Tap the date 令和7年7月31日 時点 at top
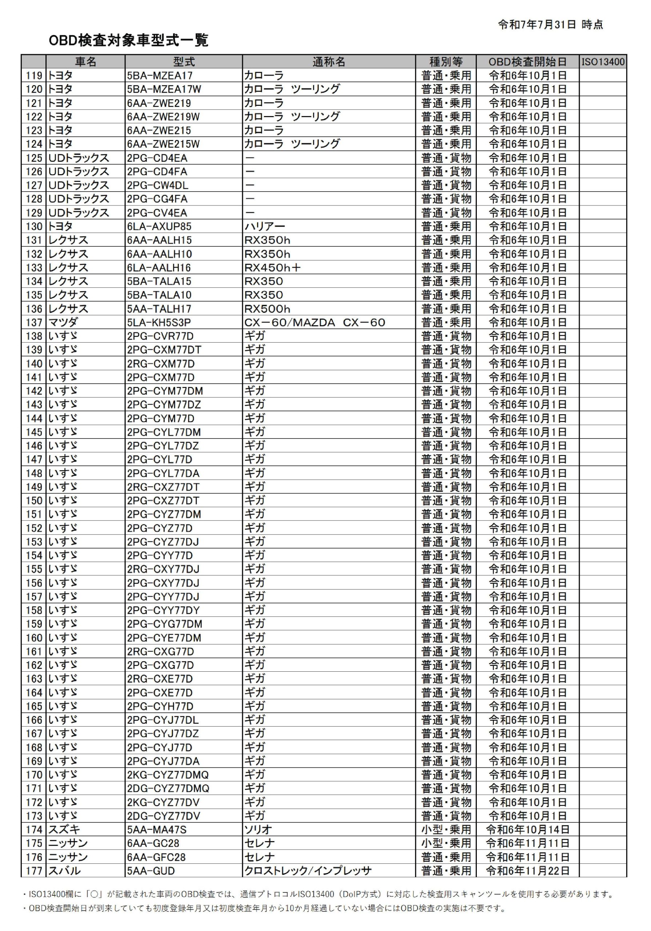tap(550, 25)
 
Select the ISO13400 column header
tap(603, 61)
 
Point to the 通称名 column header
tap(328, 61)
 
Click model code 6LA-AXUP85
tap(159, 226)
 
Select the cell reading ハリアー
tap(265, 226)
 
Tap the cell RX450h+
tap(272, 268)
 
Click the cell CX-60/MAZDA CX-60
tap(314, 322)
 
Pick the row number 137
tap(34, 322)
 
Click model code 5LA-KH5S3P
tap(159, 322)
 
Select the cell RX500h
tap(267, 309)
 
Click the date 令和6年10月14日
tap(527, 829)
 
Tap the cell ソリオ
tap(258, 829)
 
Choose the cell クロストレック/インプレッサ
tap(308, 871)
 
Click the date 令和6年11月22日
tap(527, 871)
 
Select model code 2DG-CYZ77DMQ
tap(168, 788)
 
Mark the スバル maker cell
tap(64, 871)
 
